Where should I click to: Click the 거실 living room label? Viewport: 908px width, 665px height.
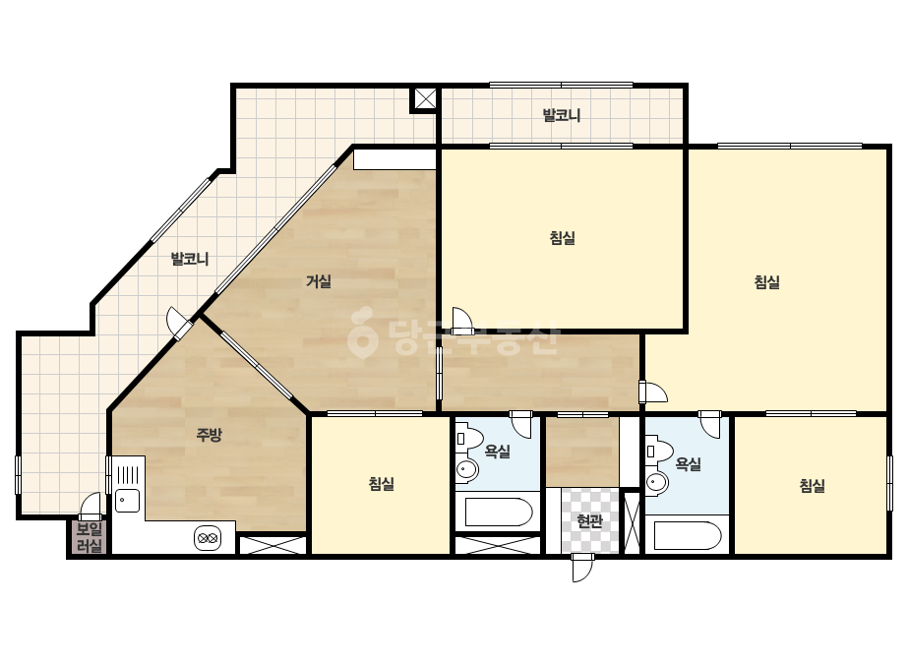pos(319,281)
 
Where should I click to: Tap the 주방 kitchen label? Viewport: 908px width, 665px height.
pos(209,435)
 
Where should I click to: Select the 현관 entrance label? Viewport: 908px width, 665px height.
pos(589,520)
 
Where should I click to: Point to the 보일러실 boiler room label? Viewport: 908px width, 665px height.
pos(90,537)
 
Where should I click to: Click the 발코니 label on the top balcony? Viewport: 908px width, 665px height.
pos(561,115)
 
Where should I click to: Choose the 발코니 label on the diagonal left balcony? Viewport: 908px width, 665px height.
pos(189,259)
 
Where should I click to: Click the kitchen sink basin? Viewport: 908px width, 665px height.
pos(128,501)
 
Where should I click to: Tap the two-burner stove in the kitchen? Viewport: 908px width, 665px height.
pos(208,538)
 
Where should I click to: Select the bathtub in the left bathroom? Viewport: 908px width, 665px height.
pos(499,513)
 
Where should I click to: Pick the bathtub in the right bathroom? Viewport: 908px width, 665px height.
pos(688,536)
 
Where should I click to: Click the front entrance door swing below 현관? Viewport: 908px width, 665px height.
pos(581,567)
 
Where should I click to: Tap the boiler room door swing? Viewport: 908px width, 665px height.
pos(91,506)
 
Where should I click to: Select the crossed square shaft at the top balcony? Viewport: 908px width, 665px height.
pos(424,99)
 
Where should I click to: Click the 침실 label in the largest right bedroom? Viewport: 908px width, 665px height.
pos(766,282)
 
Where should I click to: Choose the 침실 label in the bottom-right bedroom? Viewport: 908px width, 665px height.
pos(812,485)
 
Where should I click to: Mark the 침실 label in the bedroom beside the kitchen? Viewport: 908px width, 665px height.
pos(382,483)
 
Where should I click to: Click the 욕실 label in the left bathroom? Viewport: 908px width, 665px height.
pos(498,452)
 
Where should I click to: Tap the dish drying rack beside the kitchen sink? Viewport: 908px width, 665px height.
pos(128,474)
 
